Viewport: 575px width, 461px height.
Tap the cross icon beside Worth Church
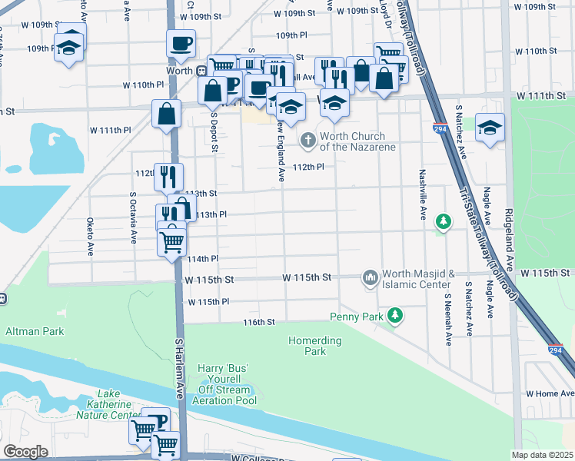tap(308, 139)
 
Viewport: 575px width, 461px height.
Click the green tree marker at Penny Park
tap(395, 315)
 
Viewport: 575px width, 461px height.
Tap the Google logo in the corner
tap(25, 452)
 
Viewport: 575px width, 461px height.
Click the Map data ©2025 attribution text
tap(542, 455)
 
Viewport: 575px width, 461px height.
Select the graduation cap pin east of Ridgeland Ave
tap(490, 128)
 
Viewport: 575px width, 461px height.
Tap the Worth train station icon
tap(201, 71)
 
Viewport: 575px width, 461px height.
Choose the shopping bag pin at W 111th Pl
tap(167, 114)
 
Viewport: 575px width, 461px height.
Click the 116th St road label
tap(259, 322)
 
